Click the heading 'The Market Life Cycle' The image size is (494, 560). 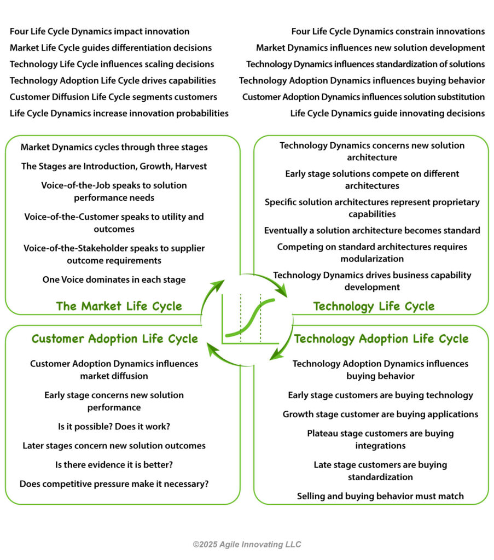(x=119, y=306)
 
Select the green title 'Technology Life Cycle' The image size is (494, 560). (x=374, y=306)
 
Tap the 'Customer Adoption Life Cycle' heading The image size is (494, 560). (x=115, y=339)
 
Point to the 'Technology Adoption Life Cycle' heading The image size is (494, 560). (x=381, y=339)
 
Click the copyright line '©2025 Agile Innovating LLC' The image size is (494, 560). (x=247, y=544)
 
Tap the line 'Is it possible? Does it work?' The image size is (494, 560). (x=114, y=427)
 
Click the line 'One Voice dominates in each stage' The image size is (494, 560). (x=114, y=279)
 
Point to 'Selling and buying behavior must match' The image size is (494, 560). (x=380, y=496)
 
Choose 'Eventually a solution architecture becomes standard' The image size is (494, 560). (x=372, y=230)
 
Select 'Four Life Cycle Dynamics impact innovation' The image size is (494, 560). (x=100, y=31)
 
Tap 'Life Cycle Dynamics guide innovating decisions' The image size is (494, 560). (x=387, y=113)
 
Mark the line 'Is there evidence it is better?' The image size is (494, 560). (x=114, y=465)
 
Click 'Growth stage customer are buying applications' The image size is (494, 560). (x=380, y=415)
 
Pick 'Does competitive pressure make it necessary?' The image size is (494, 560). (x=114, y=484)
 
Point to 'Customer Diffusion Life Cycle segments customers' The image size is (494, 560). (x=113, y=97)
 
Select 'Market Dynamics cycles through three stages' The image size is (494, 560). (x=114, y=147)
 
